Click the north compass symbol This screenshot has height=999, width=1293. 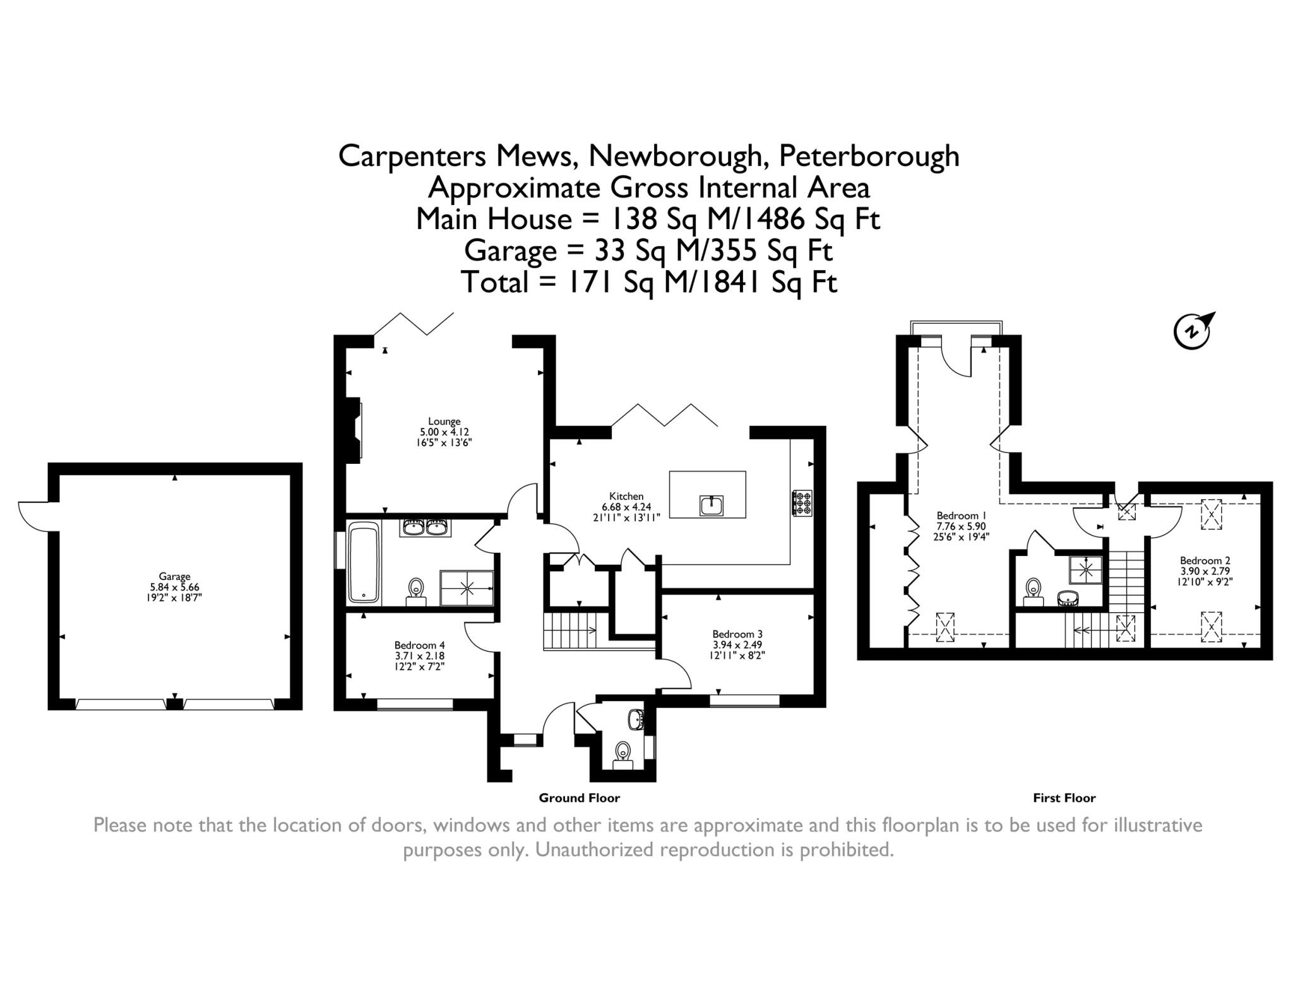click(1191, 331)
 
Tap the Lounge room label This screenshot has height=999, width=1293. click(444, 421)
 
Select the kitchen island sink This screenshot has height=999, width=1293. click(711, 505)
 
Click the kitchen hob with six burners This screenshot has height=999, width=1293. click(802, 503)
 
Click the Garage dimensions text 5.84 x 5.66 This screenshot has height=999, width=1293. click(174, 586)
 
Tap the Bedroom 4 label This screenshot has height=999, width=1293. click(419, 645)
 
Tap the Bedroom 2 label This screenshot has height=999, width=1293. click(1205, 560)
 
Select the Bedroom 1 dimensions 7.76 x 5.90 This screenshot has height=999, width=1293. click(960, 526)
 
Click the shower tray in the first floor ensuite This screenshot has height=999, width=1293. click(1085, 570)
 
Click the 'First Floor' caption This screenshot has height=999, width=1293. click(1064, 798)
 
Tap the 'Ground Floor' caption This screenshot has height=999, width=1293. click(579, 798)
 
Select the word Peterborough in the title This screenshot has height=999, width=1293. click(869, 156)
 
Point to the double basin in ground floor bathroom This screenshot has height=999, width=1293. click(425, 528)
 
